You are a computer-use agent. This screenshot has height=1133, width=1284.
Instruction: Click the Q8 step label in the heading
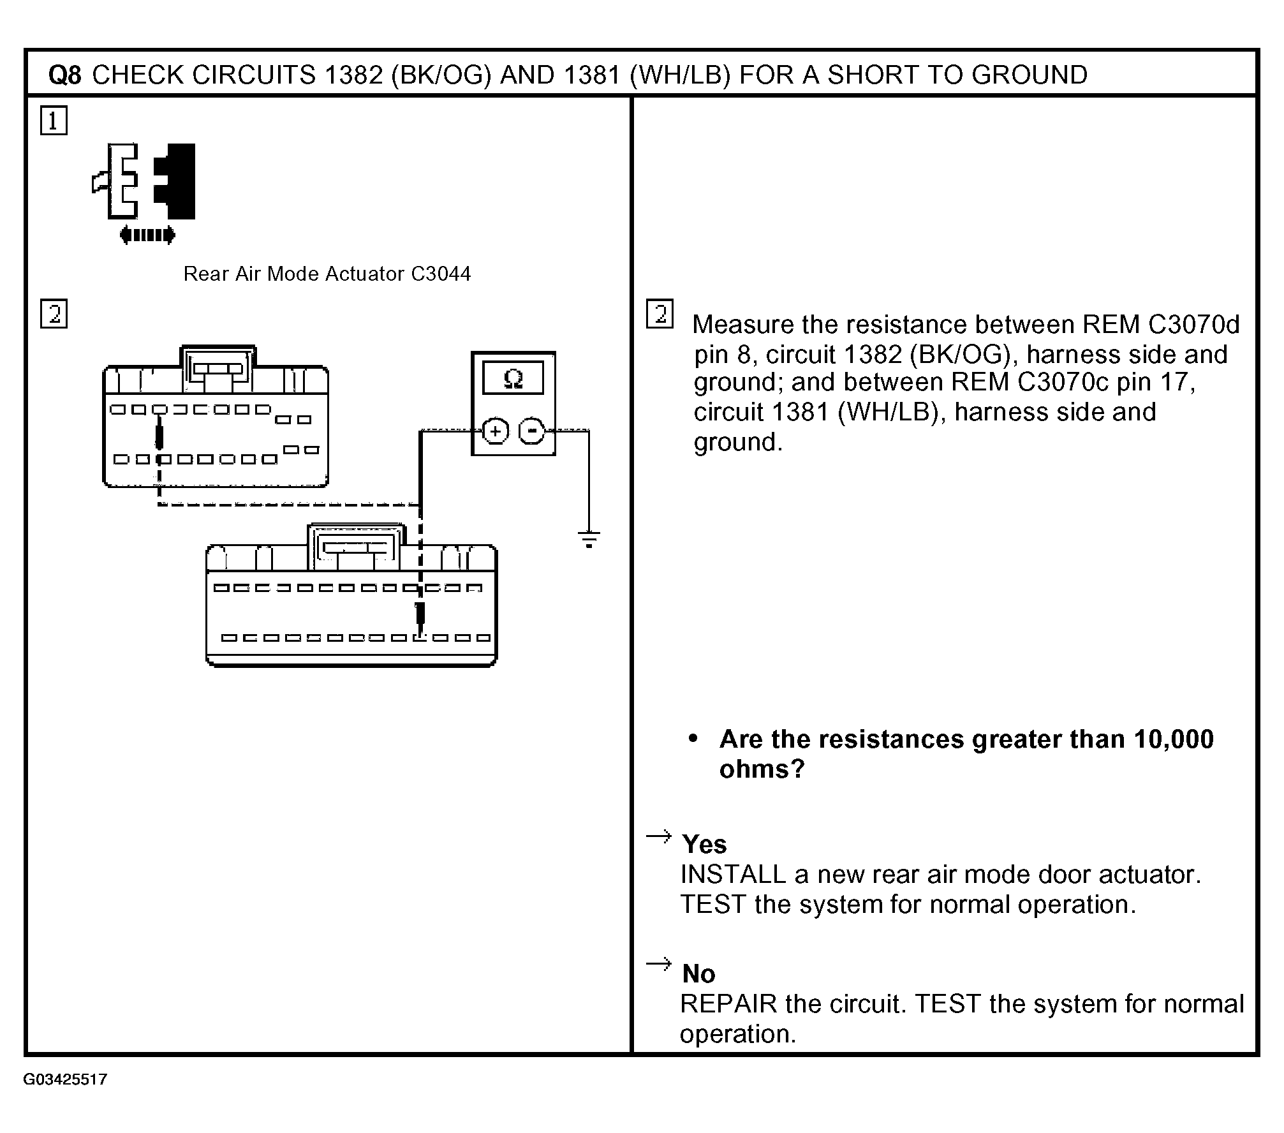pos(65,75)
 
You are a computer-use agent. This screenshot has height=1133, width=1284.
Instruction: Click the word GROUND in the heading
pos(1030,75)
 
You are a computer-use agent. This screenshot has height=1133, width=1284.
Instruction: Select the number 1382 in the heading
pos(353,75)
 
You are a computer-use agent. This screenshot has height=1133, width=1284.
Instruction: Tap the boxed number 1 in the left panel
pos(54,121)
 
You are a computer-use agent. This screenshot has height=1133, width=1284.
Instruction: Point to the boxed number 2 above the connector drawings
pos(54,314)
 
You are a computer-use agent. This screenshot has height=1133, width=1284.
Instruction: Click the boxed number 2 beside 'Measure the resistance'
pos(660,314)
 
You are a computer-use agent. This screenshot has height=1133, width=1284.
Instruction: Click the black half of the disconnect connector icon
pos(176,181)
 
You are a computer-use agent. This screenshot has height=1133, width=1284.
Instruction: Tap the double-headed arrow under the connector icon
pos(147,235)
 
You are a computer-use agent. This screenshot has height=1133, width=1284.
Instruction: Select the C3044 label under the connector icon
pos(441,274)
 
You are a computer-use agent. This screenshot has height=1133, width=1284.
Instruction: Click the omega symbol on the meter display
pos(513,380)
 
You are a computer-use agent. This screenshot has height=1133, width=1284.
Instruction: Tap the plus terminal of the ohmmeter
pos(495,431)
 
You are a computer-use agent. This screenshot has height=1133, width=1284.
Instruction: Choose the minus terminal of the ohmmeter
pos(531,431)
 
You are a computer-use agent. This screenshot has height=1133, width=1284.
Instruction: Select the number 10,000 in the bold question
pos(1173,739)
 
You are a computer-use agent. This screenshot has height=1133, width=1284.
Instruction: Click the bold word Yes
pos(704,845)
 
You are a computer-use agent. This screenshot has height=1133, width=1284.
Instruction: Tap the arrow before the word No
pos(659,963)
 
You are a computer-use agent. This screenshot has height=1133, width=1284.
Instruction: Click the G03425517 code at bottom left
pos(65,1079)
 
